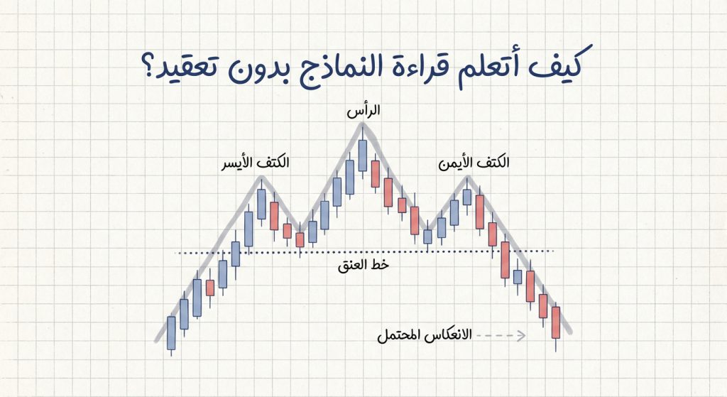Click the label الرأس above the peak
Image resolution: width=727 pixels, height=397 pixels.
[x=363, y=111]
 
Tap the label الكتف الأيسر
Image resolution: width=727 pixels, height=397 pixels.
[x=255, y=163]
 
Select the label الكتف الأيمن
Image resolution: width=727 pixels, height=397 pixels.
[x=474, y=163]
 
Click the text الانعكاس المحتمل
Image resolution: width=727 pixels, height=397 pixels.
[x=425, y=335]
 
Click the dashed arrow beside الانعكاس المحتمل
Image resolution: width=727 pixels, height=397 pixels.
[x=501, y=335]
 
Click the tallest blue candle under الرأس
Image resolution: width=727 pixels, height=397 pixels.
[x=363, y=155]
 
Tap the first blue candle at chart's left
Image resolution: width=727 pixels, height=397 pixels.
[x=171, y=332]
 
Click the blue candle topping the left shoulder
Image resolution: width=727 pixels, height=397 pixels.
[x=261, y=204]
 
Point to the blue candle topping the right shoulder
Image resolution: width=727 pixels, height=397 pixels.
[x=466, y=196]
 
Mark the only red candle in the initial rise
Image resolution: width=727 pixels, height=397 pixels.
[x=209, y=287]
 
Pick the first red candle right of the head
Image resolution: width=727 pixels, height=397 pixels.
[x=376, y=175]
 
